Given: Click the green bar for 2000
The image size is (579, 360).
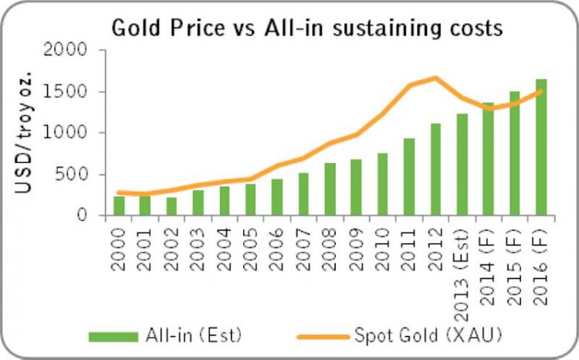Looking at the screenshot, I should pyautogui.click(x=119, y=205).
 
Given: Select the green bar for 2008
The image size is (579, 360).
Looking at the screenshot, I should pyautogui.click(x=330, y=189).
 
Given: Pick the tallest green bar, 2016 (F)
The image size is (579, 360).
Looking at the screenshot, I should pyautogui.click(x=540, y=147).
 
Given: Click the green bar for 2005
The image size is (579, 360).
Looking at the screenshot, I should pyautogui.click(x=251, y=199).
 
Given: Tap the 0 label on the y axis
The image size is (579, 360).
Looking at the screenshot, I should pyautogui.click(x=92, y=216).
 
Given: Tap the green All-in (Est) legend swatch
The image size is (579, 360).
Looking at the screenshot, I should pyautogui.click(x=113, y=335).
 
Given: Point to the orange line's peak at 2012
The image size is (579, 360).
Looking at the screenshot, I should pyautogui.click(x=436, y=77).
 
